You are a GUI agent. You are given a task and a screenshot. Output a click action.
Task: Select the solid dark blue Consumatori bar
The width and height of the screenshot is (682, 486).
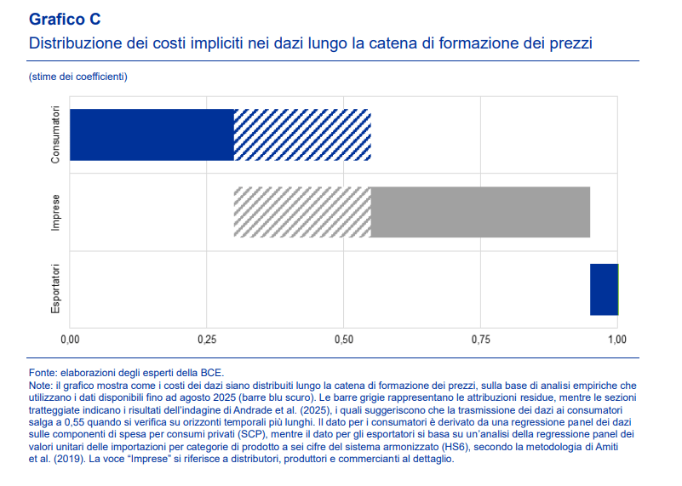point(152,135)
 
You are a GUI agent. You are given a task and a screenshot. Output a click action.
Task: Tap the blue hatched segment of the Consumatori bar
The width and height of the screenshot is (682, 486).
point(302,135)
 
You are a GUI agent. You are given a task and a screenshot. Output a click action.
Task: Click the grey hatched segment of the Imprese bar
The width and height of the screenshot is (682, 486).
point(302,212)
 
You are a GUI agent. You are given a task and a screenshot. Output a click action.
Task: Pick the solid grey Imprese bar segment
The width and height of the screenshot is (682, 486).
point(480,212)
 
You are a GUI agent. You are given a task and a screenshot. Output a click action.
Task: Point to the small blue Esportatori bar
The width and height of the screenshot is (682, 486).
point(604,289)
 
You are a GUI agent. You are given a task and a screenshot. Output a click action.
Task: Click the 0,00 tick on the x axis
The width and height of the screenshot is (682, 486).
point(70,340)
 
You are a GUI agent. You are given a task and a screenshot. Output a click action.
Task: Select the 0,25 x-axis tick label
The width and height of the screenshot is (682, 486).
point(207,340)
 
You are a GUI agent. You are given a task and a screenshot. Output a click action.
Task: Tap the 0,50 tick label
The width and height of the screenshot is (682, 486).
point(343,340)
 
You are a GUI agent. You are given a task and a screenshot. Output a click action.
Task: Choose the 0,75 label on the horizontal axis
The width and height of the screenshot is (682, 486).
point(480,340)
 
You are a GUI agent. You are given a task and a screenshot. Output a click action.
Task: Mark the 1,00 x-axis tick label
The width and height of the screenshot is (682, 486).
point(616,340)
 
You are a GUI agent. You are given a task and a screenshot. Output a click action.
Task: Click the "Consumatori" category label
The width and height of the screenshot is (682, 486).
point(55,134)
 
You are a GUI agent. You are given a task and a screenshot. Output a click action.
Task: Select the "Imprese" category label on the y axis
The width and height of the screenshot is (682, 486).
point(55,212)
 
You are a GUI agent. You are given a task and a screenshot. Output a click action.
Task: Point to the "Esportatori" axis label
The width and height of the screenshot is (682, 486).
point(55,289)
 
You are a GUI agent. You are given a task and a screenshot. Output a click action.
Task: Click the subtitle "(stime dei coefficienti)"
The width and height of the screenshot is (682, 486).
point(77,77)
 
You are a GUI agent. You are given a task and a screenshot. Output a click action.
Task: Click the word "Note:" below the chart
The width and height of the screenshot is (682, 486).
point(42,386)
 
